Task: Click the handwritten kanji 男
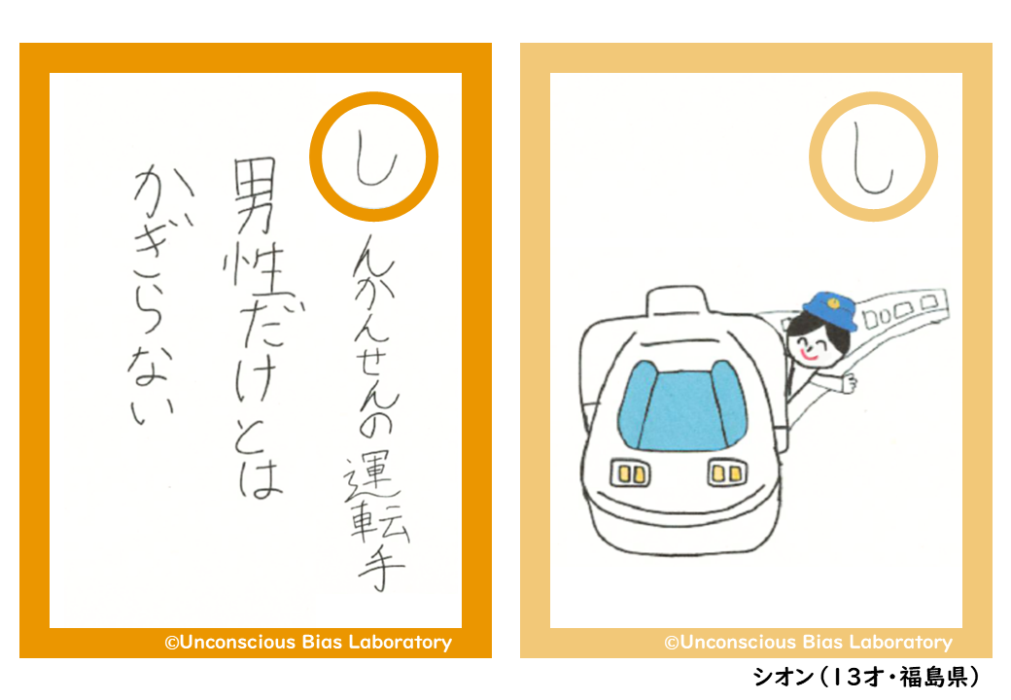pos(255,196)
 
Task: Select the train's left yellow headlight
pos(630,473)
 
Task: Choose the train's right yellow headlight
pos(727,473)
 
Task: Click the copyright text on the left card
pos(308,642)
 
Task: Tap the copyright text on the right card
pos(809,642)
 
